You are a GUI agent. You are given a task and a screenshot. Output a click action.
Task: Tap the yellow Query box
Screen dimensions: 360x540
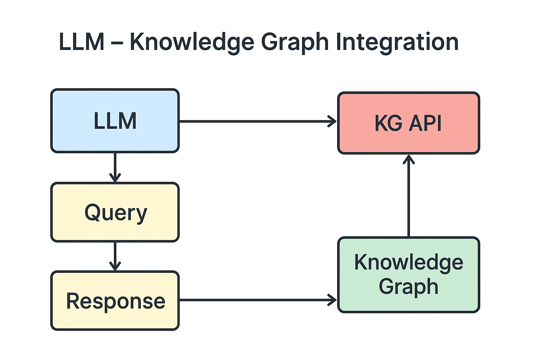[x=115, y=212]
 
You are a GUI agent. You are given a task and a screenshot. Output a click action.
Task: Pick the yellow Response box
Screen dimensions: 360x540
[x=115, y=301]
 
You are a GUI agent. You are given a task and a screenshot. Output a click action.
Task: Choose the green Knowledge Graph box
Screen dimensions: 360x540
[x=409, y=275]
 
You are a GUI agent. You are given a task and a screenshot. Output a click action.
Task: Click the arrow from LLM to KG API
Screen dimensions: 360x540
[x=257, y=121]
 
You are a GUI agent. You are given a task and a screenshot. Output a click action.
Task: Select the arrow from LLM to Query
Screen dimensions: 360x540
[x=115, y=167]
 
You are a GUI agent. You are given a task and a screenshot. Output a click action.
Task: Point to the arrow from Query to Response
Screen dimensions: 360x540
[x=115, y=256]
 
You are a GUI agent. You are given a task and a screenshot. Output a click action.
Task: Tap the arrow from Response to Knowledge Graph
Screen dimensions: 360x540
[x=257, y=300]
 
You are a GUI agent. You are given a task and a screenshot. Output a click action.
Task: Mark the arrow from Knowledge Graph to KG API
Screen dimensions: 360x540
[x=409, y=197]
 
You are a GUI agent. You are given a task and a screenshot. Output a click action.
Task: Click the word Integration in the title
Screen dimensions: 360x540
[x=397, y=42]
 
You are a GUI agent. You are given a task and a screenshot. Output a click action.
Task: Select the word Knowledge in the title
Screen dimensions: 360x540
[x=192, y=42]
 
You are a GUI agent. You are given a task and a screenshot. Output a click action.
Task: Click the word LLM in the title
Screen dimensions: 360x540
[x=82, y=42]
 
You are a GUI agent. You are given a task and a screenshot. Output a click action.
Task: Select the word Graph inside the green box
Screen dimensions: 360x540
[x=409, y=287]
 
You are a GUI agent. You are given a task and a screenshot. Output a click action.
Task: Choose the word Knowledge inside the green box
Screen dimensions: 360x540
[x=409, y=262]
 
